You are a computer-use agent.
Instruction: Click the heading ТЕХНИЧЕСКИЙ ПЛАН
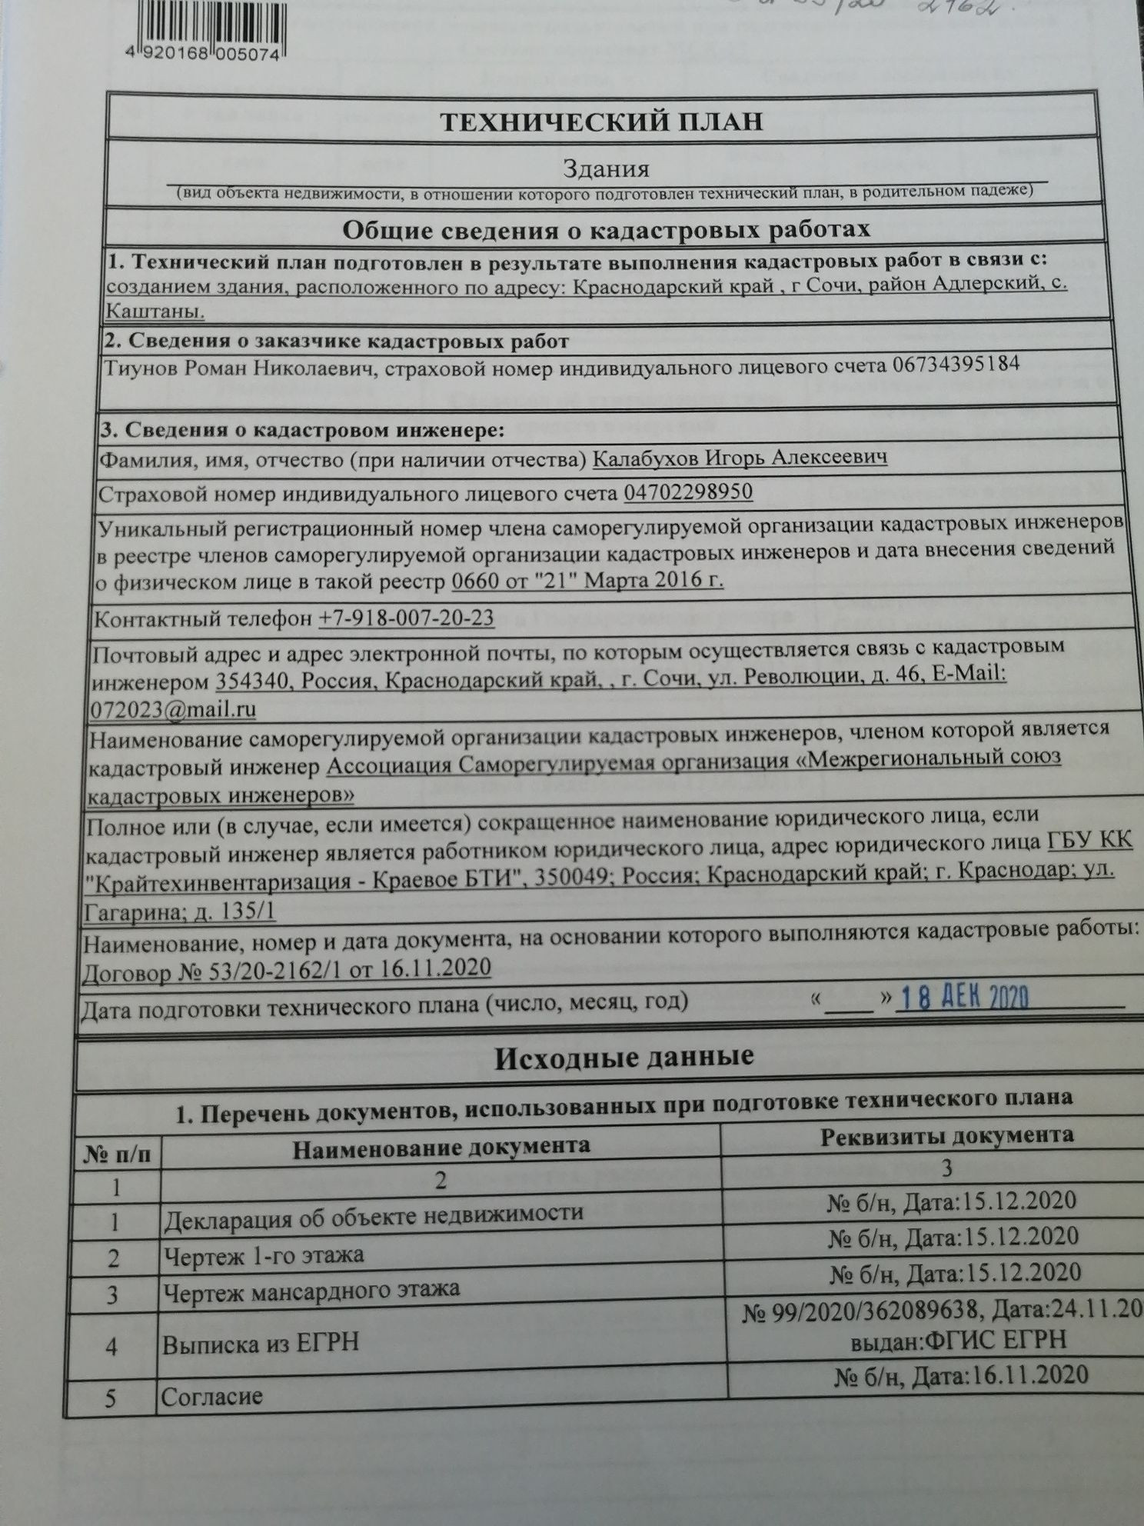tap(602, 122)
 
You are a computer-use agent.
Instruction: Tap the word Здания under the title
tap(606, 168)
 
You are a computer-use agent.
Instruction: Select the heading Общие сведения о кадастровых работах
tap(606, 229)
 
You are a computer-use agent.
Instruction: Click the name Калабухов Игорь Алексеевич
tap(741, 457)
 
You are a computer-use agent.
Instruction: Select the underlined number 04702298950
tap(688, 491)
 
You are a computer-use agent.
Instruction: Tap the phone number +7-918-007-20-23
tap(406, 618)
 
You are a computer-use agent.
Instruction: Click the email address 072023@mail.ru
tap(174, 708)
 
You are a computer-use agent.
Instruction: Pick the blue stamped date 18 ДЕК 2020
tap(963, 998)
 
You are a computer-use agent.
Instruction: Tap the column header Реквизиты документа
tap(946, 1135)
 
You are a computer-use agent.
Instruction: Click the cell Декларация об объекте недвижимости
tap(374, 1216)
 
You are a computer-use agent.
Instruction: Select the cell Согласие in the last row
tap(211, 1397)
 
